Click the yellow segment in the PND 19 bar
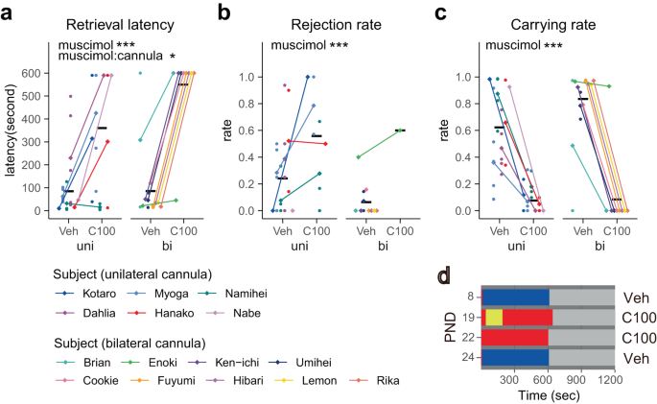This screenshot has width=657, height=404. [494, 317]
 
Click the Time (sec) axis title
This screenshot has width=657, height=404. [548, 394]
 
